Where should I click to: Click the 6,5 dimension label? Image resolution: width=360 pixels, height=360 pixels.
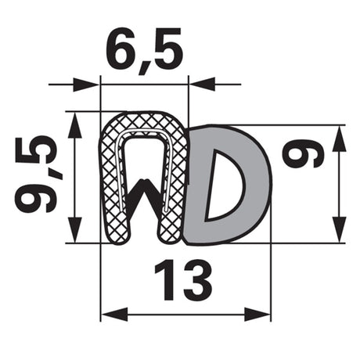pos(143,49)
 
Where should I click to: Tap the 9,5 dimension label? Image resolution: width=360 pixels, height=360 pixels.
pos(36,174)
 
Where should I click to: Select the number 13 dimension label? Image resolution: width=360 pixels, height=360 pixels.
pos(183,279)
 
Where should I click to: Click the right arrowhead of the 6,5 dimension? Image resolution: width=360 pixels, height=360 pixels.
pos(202,84)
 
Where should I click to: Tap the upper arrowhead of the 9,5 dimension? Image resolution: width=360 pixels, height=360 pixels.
pos(75,125)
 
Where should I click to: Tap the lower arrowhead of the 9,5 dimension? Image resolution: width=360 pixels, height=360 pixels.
pos(75,229)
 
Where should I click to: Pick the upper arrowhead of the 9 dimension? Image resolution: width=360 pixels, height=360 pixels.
pos(339,139)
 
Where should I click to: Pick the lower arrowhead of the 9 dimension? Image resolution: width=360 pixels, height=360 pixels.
pos(339,229)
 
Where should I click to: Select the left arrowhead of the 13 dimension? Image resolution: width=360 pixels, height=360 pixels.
pos(114,314)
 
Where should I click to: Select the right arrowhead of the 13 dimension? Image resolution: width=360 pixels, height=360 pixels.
pos(257,314)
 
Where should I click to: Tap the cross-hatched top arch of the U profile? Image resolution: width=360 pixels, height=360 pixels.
pos(143,123)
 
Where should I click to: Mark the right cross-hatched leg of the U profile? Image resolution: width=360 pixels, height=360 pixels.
pos(175,190)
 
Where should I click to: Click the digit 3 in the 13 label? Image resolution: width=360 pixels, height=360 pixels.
pos(196,279)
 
